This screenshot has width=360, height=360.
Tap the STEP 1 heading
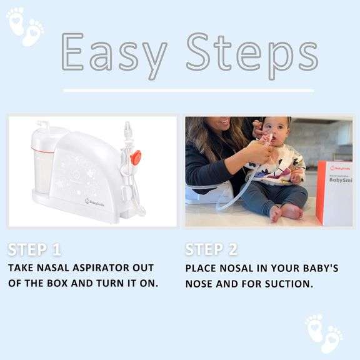coord(34,250)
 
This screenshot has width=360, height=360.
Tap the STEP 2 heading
coord(211,250)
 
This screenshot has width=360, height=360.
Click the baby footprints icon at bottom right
coord(323,333)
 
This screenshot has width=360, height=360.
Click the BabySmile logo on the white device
coord(96,201)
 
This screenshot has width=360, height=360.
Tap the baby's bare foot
coord(276,214)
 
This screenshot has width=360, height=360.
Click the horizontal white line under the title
coord(188,91)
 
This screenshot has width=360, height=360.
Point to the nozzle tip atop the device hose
coord(128,129)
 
